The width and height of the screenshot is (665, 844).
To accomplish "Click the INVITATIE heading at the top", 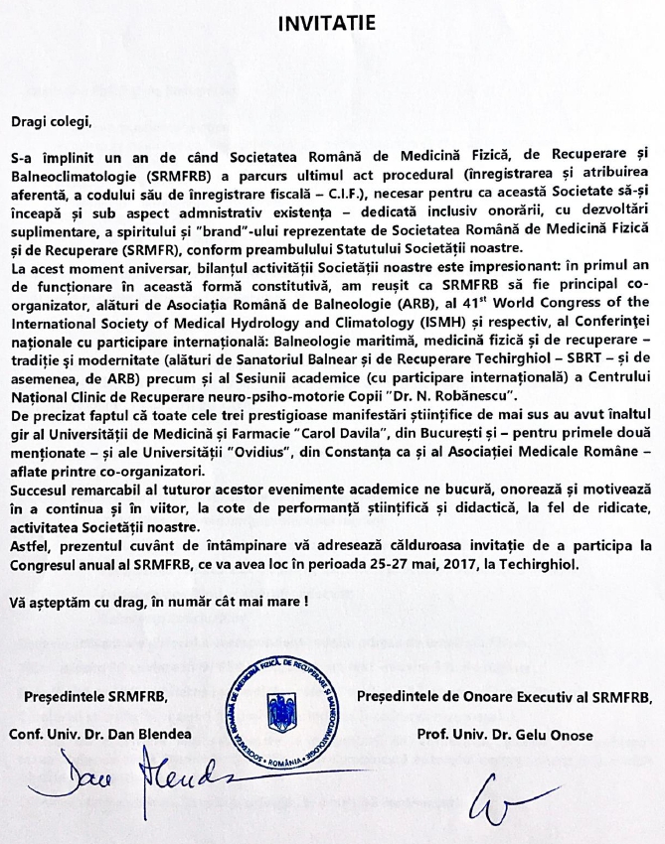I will (x=332, y=23).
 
